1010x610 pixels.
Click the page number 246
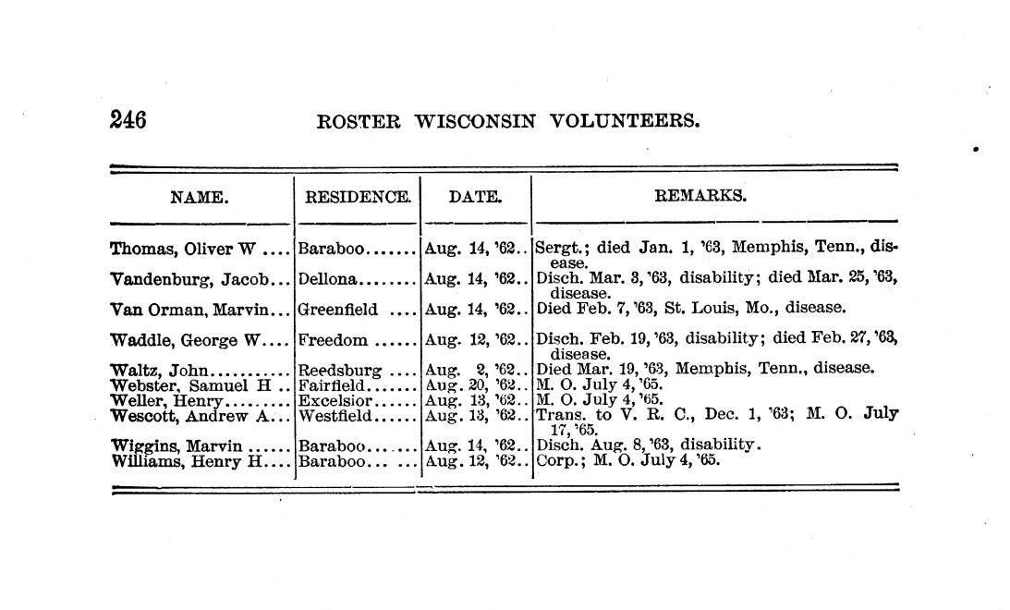click(x=128, y=120)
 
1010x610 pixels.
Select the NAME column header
click(x=199, y=196)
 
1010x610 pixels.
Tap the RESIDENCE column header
click(x=358, y=196)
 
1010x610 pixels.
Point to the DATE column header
click(x=475, y=196)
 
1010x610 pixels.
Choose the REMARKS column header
click(x=700, y=195)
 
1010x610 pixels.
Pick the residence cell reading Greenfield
click(x=338, y=309)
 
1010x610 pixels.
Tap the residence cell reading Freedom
click(x=333, y=340)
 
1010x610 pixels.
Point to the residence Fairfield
click(x=334, y=385)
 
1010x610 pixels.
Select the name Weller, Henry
click(x=167, y=400)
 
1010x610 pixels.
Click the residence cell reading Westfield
click(x=335, y=415)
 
